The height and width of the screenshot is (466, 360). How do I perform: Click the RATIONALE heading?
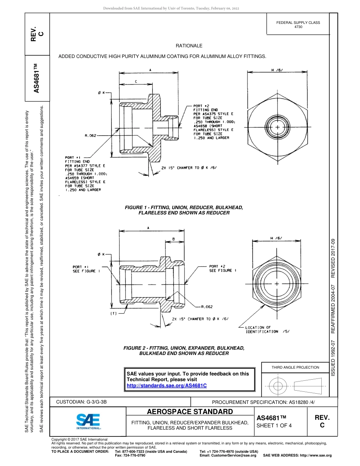(x=189, y=46)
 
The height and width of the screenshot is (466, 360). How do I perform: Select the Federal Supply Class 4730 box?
(x=298, y=25)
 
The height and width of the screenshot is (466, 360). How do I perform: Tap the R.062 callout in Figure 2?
(x=207, y=307)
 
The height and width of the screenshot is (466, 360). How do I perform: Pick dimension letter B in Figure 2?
(x=173, y=239)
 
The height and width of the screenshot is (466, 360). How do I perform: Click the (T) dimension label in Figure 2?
(x=113, y=314)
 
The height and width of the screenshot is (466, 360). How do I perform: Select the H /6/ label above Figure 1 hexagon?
(x=277, y=70)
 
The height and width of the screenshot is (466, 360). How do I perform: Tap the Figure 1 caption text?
(x=184, y=210)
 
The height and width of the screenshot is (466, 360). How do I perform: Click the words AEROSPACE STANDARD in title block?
(x=189, y=412)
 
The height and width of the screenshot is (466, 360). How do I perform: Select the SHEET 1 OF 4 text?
(x=274, y=425)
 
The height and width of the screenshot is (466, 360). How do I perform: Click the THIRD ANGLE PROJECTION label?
(x=295, y=367)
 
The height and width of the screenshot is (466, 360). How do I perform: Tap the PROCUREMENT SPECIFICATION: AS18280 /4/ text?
(x=263, y=402)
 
